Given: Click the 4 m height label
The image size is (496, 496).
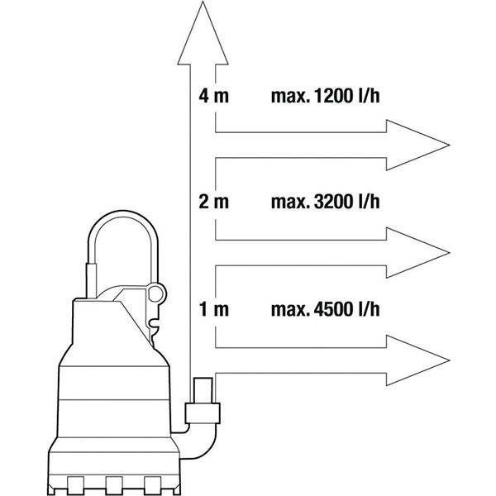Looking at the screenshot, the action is [x=213, y=96].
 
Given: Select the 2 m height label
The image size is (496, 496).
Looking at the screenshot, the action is [x=213, y=202].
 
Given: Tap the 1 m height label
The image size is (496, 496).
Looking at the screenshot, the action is [x=214, y=309].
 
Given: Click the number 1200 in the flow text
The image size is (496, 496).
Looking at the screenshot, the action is [x=333, y=96].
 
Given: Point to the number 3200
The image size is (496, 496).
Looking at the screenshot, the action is [x=333, y=202].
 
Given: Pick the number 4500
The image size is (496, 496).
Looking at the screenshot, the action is [x=333, y=309].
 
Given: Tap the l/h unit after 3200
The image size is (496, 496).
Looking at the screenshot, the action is [x=369, y=202].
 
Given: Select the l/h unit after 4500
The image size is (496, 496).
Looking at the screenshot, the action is [x=369, y=309].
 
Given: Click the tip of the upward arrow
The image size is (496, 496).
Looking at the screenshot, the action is [x=203, y=2].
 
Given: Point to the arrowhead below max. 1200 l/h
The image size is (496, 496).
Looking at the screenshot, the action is [x=417, y=145].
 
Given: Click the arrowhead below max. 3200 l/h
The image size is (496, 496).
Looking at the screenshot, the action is [x=417, y=253].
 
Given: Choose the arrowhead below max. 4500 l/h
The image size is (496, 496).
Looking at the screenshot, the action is [x=417, y=360].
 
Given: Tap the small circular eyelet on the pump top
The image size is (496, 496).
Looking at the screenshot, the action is [x=155, y=294].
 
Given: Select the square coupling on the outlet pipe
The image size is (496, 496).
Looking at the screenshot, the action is [x=203, y=413].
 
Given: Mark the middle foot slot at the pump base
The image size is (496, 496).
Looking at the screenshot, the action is [x=114, y=486].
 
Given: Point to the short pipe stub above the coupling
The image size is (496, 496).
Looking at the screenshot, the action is [x=203, y=390].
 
